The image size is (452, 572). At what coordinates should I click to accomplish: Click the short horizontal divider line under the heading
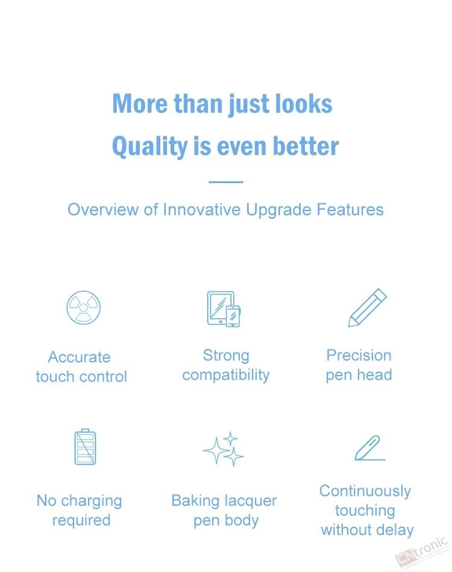click(226, 181)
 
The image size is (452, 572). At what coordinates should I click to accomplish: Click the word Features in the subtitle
click(350, 210)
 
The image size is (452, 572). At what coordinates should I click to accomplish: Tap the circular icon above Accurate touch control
click(84, 307)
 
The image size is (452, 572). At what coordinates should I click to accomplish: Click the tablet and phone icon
click(224, 309)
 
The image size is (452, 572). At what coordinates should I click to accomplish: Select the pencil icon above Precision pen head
click(368, 307)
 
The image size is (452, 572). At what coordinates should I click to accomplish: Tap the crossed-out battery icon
click(86, 447)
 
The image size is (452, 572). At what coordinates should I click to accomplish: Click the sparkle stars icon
click(223, 448)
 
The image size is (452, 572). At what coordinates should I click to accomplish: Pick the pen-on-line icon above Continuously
click(370, 448)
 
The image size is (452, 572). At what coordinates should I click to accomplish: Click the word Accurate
click(79, 357)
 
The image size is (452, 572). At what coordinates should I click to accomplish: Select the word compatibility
click(226, 376)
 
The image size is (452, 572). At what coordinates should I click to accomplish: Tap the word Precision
click(359, 355)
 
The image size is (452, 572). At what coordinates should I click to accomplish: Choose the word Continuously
click(365, 491)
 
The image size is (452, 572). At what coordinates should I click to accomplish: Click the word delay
click(394, 530)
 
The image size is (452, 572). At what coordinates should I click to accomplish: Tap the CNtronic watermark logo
click(422, 552)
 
